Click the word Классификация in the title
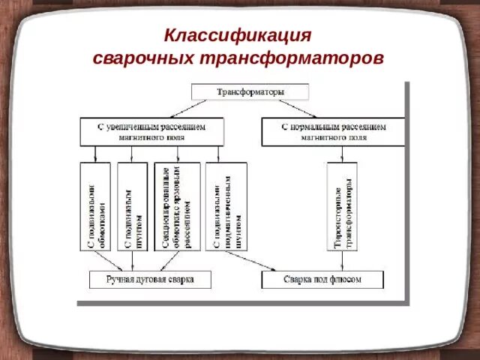click(x=238, y=35)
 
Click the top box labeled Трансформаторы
click(x=250, y=91)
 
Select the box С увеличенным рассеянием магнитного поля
click(x=152, y=132)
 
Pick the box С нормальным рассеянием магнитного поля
click(x=334, y=132)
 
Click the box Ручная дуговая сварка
click(x=150, y=280)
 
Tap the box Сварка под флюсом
click(x=322, y=280)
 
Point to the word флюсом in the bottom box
click(x=346, y=280)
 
